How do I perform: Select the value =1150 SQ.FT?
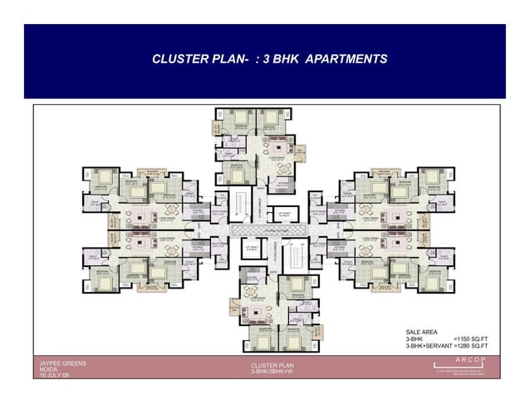pos(471,338)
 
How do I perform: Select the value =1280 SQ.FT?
pos(471,345)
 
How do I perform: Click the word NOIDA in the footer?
pos(48,370)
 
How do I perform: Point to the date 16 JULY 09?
pos(55,377)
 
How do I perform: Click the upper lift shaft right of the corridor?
pos(284,214)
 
